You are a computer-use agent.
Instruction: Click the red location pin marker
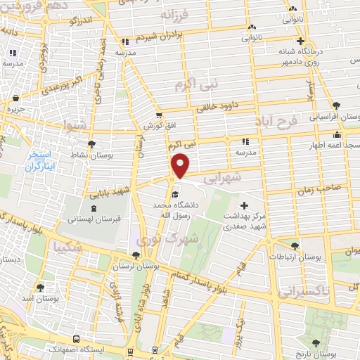[x=181, y=165]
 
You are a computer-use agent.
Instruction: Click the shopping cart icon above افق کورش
[x=159, y=115]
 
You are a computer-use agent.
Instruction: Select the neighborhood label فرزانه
[x=185, y=14]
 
